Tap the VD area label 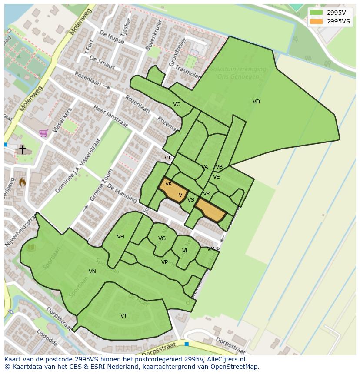point(256,102)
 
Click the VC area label point(177,104)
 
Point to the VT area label point(124,316)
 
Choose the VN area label point(92,271)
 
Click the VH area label point(120,237)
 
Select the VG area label point(162,238)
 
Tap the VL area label point(185,251)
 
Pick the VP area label point(164,262)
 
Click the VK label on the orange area point(169,184)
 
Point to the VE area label point(216,177)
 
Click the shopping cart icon point(43,133)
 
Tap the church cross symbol point(22,149)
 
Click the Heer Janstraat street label point(110,116)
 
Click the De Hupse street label point(112,38)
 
